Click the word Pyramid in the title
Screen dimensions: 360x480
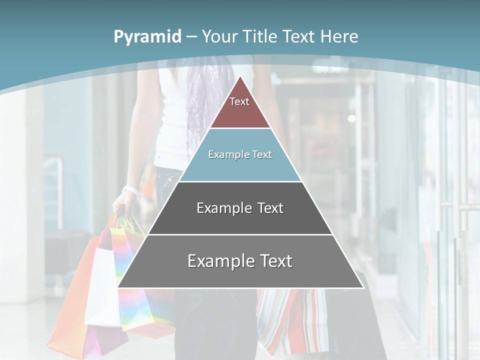click(147, 37)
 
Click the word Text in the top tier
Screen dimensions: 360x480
click(239, 101)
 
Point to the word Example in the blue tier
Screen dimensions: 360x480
click(223, 154)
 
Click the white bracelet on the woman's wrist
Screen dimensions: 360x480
click(130, 191)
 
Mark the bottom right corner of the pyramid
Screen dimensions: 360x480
click(363, 288)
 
